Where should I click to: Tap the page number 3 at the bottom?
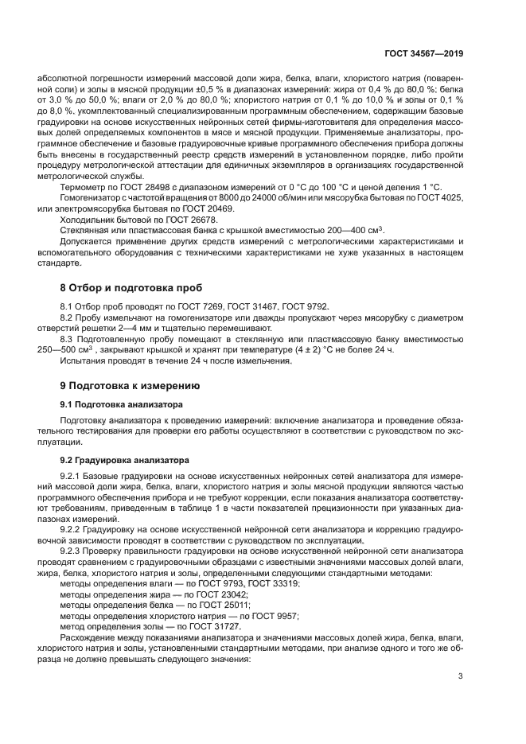tap(461, 676)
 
